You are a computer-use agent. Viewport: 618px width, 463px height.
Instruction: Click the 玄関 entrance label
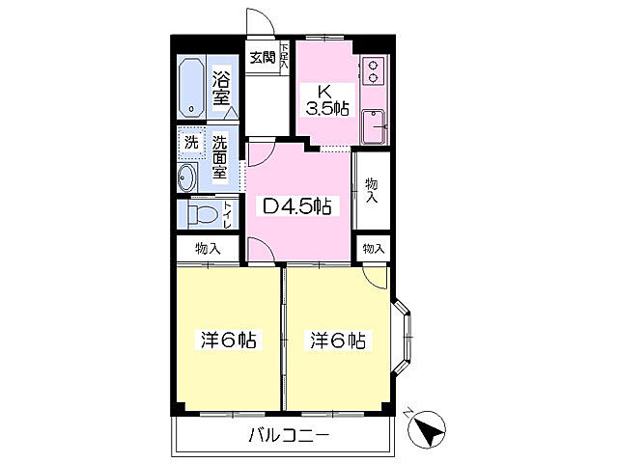261,58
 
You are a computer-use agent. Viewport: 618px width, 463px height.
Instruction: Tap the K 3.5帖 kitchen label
326,99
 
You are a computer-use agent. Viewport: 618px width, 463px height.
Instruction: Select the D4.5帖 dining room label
297,204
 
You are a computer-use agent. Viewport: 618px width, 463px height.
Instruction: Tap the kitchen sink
373,125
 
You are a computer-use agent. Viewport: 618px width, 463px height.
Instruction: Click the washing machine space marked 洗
190,143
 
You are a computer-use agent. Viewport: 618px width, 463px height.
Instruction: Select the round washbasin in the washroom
188,177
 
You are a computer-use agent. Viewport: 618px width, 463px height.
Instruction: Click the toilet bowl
202,213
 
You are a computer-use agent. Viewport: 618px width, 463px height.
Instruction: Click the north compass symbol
427,427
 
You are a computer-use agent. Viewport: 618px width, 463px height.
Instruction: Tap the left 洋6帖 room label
229,340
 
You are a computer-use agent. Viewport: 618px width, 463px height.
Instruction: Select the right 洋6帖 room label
337,340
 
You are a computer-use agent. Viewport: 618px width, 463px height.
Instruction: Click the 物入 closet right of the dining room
372,189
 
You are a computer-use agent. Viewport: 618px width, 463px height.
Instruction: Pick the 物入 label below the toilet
208,248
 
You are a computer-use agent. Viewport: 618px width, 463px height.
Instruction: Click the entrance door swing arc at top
258,21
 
